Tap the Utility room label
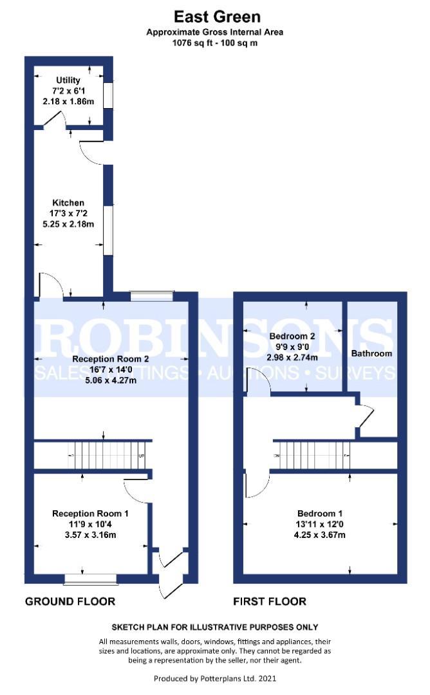click(68, 80)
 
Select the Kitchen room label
click(68, 203)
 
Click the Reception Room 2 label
click(111, 358)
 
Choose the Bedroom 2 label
click(292, 336)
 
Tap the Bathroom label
click(371, 353)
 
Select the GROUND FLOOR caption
click(70, 602)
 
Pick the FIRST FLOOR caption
click(270, 602)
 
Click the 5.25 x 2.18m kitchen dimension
click(68, 225)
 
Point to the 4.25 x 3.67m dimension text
click(320, 535)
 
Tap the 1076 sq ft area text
click(215, 44)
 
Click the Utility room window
click(109, 95)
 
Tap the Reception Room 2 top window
click(151, 296)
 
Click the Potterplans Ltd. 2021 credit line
click(215, 678)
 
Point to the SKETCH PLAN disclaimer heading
click(215, 627)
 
